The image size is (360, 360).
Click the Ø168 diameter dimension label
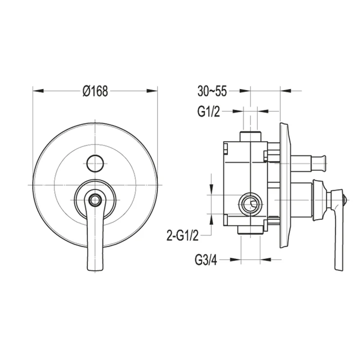(x=95, y=91)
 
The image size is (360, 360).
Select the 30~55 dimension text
(x=212, y=91)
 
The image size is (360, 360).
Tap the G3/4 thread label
(x=206, y=260)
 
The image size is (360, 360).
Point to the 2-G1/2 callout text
(x=183, y=235)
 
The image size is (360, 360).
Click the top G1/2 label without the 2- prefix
(x=208, y=112)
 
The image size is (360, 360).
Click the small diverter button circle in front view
(x=95, y=163)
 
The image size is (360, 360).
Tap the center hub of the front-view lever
(x=94, y=200)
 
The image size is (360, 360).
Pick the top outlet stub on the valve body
(x=251, y=136)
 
